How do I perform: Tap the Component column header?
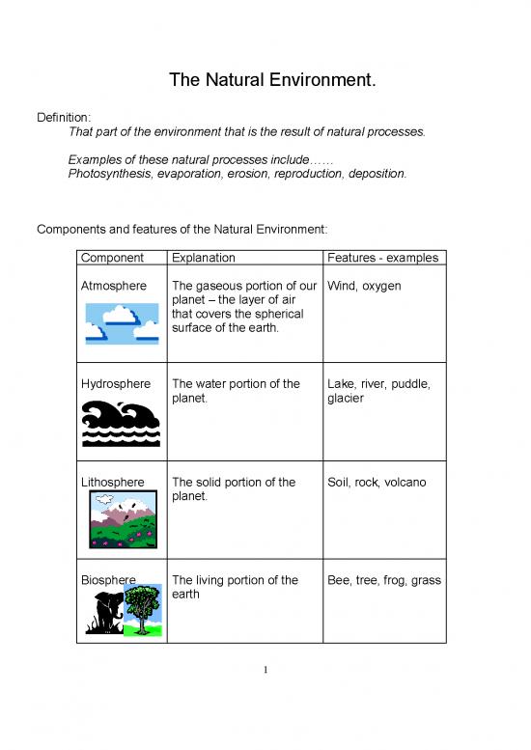[112, 258]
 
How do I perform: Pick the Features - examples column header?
[383, 258]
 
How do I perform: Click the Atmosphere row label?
[114, 286]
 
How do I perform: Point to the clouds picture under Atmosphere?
[122, 322]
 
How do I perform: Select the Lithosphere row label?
[113, 483]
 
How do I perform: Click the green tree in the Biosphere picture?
[142, 608]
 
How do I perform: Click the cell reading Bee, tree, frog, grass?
[384, 580]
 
